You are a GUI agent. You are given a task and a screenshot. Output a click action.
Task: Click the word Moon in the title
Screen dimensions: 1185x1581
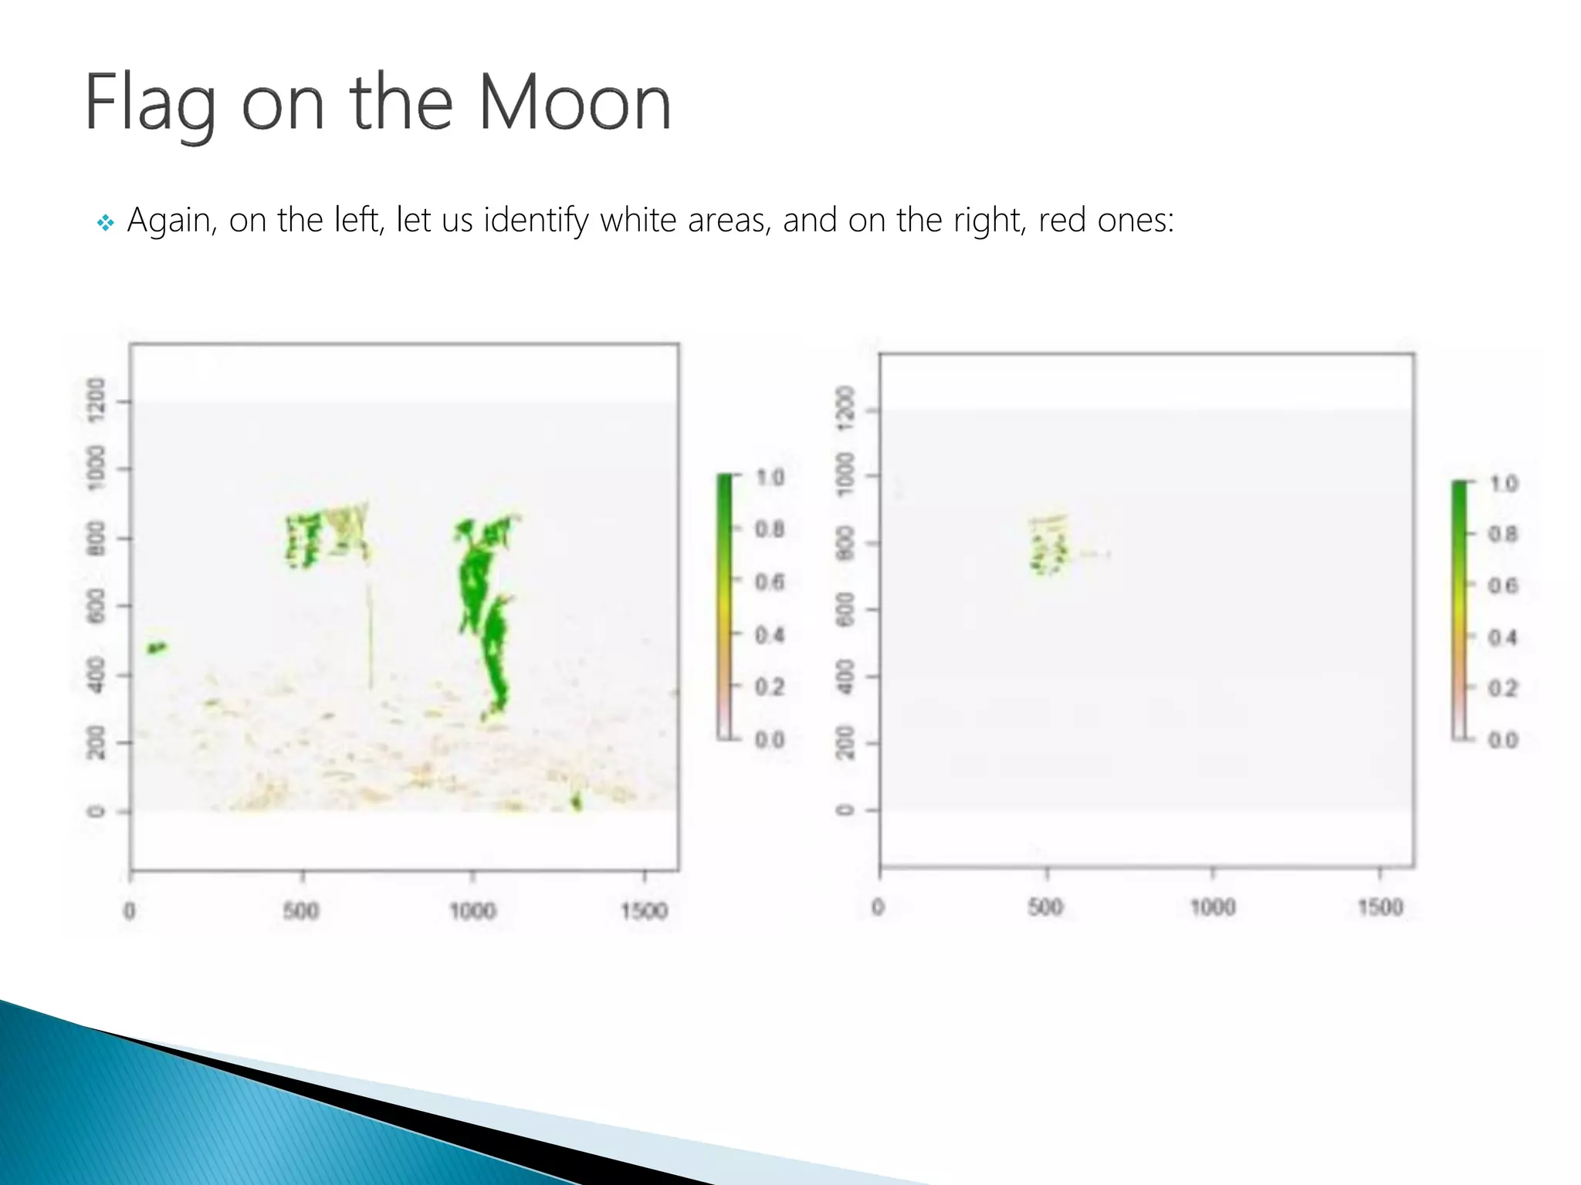574,103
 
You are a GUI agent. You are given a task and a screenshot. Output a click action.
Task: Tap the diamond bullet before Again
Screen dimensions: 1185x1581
106,223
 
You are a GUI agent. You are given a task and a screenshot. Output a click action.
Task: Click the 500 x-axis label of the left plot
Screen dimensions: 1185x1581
301,911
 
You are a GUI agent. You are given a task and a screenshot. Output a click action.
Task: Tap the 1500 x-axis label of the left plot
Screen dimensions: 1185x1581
644,911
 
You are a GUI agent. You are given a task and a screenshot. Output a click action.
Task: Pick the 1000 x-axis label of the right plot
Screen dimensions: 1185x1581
1213,907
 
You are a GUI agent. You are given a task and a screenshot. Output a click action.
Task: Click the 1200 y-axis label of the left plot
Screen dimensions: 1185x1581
96,400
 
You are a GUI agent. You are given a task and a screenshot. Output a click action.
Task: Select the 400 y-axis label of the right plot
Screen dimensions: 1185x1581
846,677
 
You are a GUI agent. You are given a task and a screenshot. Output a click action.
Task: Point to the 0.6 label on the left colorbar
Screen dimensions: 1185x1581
769,582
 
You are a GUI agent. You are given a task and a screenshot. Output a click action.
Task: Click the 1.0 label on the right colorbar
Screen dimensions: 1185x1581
1503,484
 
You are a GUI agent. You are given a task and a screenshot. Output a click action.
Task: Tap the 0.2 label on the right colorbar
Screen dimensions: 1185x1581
1502,688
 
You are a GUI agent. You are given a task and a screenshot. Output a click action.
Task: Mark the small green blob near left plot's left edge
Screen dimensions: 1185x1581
157,648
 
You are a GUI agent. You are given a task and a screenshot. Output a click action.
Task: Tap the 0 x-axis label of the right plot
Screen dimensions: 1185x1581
878,907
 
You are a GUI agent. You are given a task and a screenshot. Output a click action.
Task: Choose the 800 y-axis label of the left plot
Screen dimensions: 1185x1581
96,538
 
